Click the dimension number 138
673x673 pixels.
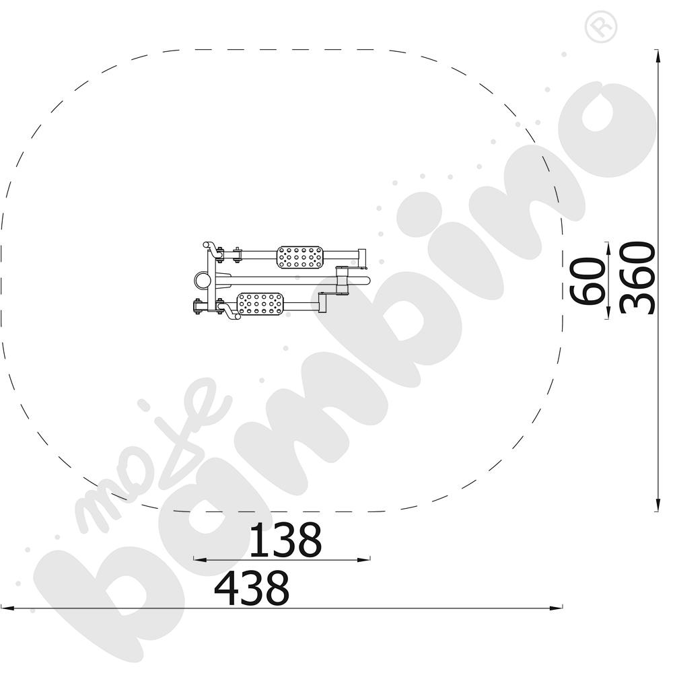pyautogui.click(x=285, y=540)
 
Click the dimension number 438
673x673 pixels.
pyautogui.click(x=252, y=588)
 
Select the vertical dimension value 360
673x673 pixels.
pyautogui.click(x=637, y=278)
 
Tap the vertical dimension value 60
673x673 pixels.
pyautogui.click(x=588, y=281)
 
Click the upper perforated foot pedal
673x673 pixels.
pyautogui.click(x=299, y=257)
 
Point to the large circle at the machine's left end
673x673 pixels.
pyautogui.click(x=202, y=281)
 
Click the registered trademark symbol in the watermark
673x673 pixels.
pyautogui.click(x=601, y=27)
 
